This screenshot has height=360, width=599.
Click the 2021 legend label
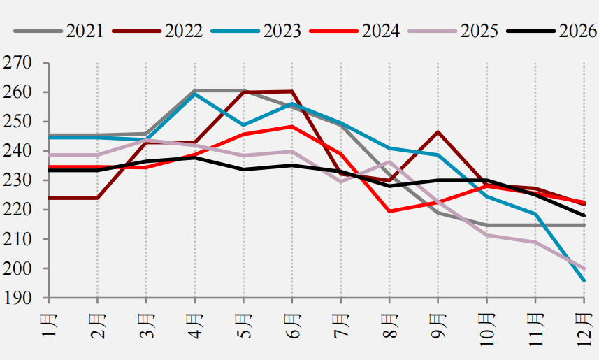(x=85, y=31)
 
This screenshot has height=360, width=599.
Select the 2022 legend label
(x=183, y=31)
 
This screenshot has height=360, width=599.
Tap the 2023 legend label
(x=282, y=31)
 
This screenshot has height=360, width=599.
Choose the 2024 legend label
(x=380, y=31)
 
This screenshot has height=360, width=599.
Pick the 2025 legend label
(x=479, y=31)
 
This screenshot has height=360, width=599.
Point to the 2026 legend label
(x=577, y=31)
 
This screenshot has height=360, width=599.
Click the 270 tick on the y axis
(x=17, y=63)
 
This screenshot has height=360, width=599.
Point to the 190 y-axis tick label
(x=17, y=298)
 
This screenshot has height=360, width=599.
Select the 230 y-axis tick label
(x=17, y=180)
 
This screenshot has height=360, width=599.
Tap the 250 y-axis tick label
(x=17, y=122)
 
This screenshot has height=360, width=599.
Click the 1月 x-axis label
(x=49, y=325)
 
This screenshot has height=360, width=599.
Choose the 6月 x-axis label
(x=292, y=325)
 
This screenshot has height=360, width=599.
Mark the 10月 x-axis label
(x=486, y=329)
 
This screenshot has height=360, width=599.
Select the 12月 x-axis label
(x=584, y=329)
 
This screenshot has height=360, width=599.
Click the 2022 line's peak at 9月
(x=438, y=132)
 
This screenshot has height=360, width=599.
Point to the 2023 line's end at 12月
(x=584, y=281)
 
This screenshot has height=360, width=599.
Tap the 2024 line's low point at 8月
(x=389, y=211)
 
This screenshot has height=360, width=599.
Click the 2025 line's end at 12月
(x=584, y=268)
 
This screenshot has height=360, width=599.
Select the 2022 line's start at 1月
(x=50, y=198)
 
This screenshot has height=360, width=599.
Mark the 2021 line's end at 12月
(x=584, y=226)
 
